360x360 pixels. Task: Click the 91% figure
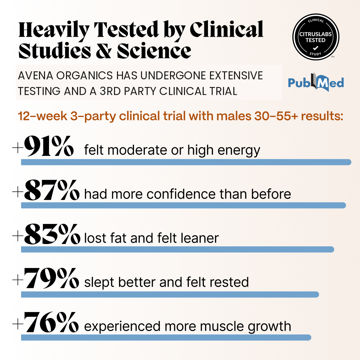49,146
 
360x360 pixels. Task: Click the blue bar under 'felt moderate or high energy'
186,162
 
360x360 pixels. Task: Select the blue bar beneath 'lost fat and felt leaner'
177,249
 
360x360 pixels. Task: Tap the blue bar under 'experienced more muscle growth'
166,337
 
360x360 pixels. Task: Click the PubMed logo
316,82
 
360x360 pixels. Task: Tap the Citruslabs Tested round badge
316,37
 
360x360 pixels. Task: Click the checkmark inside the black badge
316,48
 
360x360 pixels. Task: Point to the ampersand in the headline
104,51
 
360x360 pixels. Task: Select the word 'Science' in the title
154,51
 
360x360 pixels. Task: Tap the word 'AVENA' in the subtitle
35,76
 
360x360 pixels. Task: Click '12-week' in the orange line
42,116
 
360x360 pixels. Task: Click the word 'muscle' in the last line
222,326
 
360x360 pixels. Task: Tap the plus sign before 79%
18,280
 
